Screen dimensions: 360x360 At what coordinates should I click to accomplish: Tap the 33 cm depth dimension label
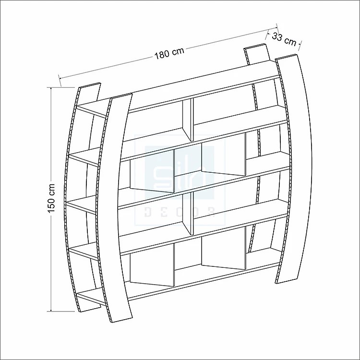tap(284, 38)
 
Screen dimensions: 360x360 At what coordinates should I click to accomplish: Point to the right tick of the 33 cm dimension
tap(300, 45)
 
